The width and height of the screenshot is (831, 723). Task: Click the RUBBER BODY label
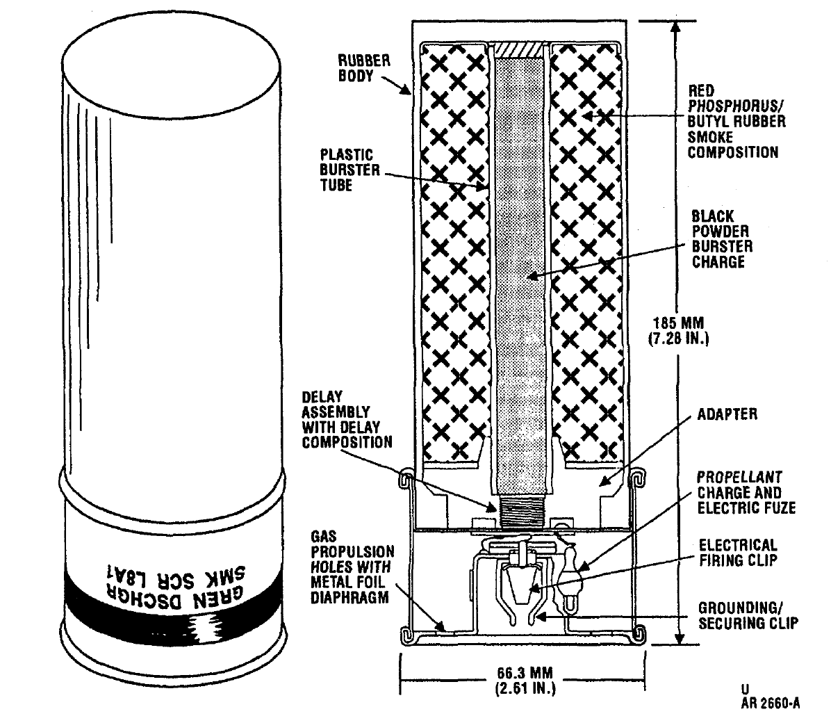(364, 68)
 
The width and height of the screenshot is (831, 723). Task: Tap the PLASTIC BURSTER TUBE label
(349, 170)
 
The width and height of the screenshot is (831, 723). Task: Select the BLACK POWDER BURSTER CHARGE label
(722, 238)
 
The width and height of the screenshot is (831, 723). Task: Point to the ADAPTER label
(727, 414)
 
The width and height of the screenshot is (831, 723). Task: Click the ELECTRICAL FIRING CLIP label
(738, 553)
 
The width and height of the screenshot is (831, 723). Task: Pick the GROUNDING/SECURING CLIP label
(748, 615)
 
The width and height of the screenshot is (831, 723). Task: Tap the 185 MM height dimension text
(678, 330)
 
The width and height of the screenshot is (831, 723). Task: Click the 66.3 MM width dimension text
(525, 681)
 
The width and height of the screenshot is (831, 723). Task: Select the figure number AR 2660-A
(771, 704)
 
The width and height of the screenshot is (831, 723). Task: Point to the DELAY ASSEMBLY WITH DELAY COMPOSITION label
(347, 420)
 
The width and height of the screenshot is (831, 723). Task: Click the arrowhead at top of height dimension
(675, 26)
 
